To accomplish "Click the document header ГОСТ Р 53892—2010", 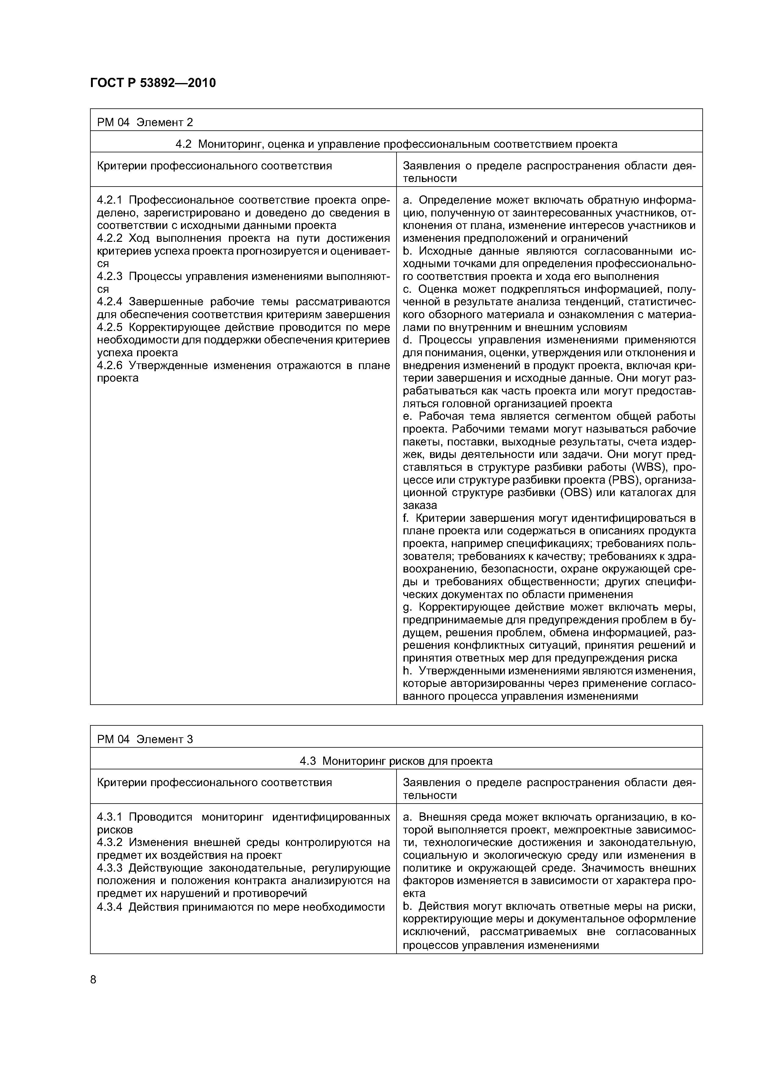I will click(153, 83).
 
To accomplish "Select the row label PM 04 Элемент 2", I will click(145, 122).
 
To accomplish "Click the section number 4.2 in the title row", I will click(183, 144).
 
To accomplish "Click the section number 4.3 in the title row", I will click(308, 761).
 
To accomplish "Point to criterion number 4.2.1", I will click(110, 200).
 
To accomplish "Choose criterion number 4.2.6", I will click(110, 365).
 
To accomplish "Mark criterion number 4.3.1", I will click(110, 817).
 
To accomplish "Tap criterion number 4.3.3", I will click(110, 868).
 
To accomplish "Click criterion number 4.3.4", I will click(110, 907).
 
